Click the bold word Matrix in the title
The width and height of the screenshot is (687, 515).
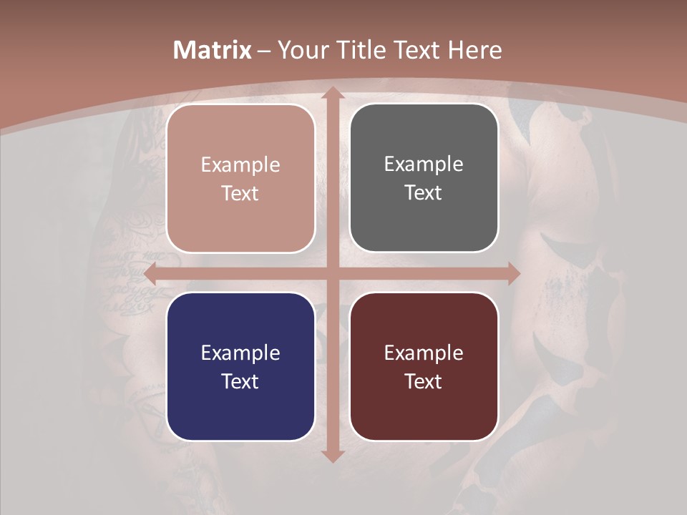(x=213, y=50)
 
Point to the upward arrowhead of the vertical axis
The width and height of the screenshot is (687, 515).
(x=332, y=93)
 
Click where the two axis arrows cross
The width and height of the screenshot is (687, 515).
(x=332, y=273)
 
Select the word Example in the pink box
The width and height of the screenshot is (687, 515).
(x=240, y=165)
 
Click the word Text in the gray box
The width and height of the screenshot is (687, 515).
(x=424, y=193)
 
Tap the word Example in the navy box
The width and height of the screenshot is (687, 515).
(x=240, y=353)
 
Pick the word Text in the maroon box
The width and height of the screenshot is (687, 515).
(x=424, y=381)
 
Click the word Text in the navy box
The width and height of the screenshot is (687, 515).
(x=240, y=381)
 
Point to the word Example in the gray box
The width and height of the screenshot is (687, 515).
(x=424, y=165)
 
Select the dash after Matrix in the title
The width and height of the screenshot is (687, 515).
(x=264, y=51)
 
